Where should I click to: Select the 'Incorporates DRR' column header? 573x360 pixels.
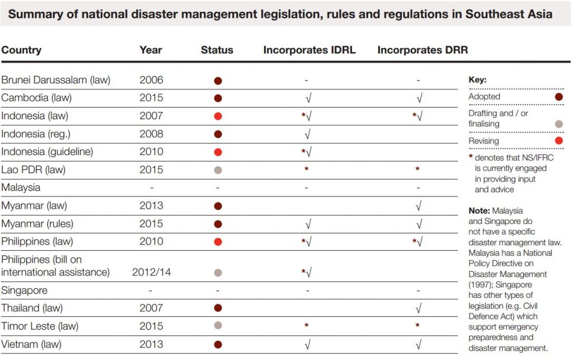coord(422,50)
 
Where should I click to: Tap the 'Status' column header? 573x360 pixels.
coord(217,50)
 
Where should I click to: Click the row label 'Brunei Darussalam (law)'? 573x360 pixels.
coord(56,80)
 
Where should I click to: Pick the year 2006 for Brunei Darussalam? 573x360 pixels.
coord(151,80)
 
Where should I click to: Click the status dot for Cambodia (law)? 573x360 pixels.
coord(218,98)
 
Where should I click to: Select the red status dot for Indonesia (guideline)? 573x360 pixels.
coord(218,152)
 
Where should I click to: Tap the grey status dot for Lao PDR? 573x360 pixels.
coord(218,170)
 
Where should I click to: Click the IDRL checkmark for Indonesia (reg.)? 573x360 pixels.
coord(308,134)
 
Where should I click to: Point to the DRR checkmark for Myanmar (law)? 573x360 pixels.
coord(419,206)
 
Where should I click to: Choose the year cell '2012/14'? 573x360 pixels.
coord(151,273)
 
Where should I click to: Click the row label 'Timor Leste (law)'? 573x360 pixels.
coord(40,326)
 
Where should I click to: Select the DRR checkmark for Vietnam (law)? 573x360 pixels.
coord(419,344)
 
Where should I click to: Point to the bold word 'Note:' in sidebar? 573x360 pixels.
coord(479,211)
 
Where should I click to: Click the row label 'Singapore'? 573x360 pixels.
coord(25,291)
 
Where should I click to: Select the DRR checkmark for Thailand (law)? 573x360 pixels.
coord(419,308)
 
